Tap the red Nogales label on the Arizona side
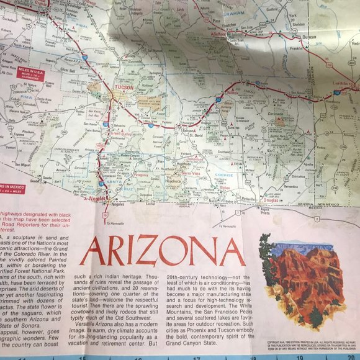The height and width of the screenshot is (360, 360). pyautogui.click(x=91, y=209)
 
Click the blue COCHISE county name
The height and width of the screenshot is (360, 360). pyautogui.click(x=221, y=176)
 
